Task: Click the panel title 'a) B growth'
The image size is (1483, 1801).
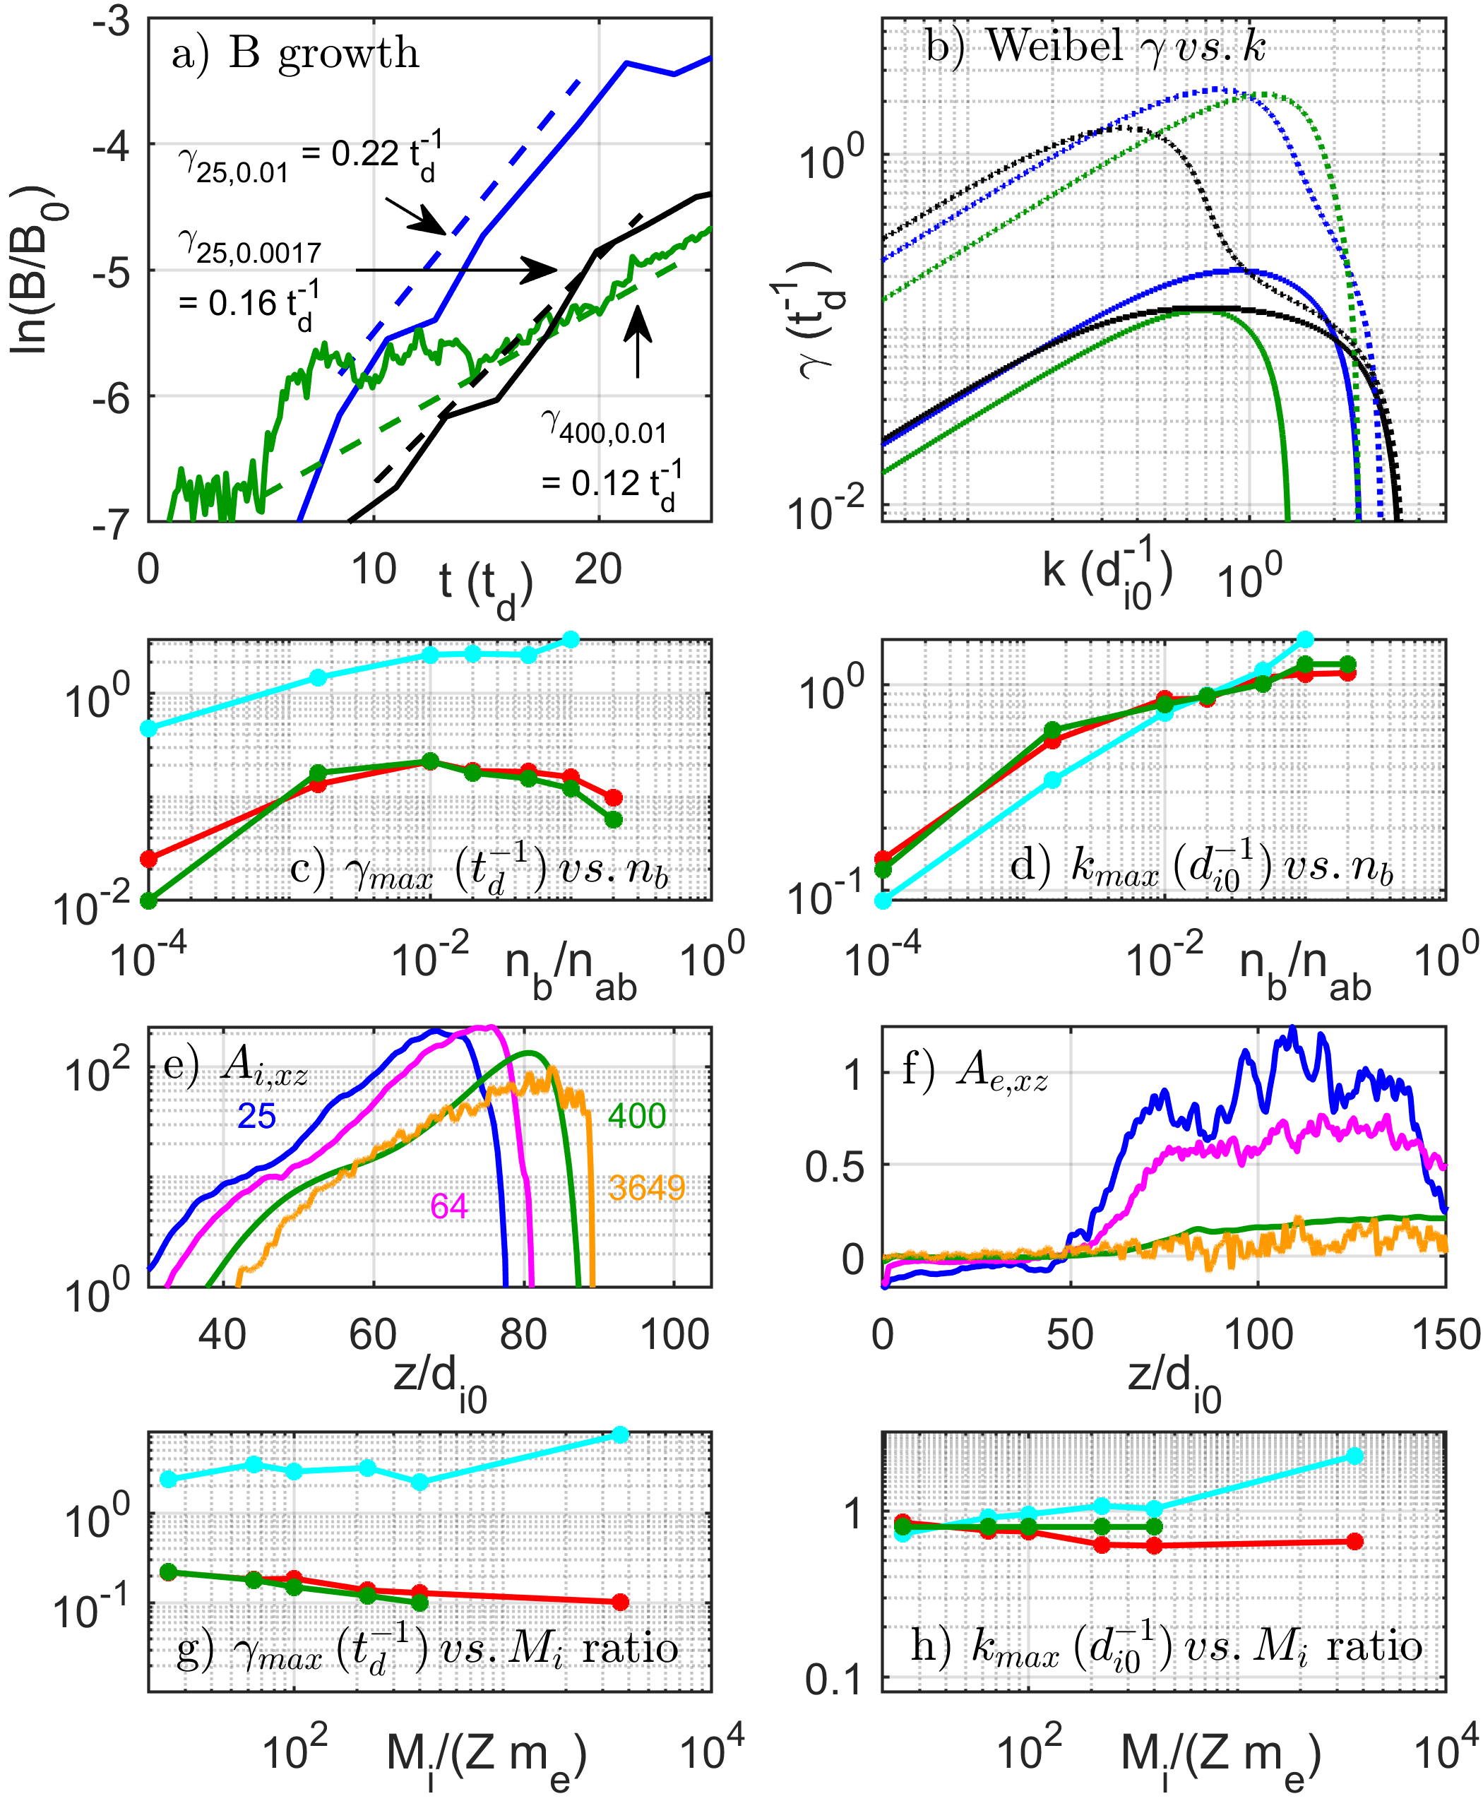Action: [294, 54]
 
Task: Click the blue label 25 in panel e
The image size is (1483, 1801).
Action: [256, 1116]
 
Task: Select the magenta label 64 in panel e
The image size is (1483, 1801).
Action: [449, 1206]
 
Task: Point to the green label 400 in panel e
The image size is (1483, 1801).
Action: [636, 1116]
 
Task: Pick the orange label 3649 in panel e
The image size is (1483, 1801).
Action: [647, 1187]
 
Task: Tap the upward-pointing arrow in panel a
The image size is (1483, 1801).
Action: [637, 342]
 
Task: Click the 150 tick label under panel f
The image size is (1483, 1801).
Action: [1446, 1335]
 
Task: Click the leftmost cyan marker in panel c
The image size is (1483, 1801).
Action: [148, 728]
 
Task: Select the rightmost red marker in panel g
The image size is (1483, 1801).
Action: [621, 1602]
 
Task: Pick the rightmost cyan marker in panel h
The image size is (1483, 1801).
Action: [1355, 1456]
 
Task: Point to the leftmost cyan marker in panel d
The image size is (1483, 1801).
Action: [883, 900]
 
